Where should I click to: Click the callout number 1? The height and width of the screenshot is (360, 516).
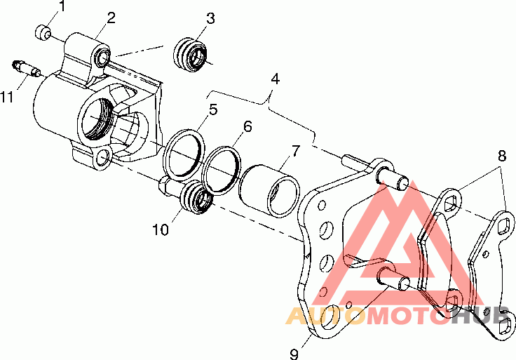(62, 6)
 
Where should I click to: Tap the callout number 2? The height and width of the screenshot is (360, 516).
(111, 18)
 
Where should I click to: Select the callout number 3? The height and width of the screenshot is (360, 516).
(210, 18)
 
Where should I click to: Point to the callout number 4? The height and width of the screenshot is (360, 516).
(275, 79)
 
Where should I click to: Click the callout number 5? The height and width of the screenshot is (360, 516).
(213, 109)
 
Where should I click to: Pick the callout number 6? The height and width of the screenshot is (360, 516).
(247, 126)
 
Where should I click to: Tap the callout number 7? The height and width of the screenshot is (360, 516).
(296, 150)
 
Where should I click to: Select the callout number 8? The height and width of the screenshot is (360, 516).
(502, 156)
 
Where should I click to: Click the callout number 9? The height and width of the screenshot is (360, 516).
(294, 354)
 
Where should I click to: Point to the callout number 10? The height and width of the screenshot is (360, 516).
(161, 229)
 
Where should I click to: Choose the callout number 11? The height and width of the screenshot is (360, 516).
(7, 97)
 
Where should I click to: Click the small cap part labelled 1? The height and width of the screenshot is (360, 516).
(43, 32)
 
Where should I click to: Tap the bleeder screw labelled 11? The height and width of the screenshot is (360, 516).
(26, 69)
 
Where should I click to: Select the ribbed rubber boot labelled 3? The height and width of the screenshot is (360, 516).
(190, 55)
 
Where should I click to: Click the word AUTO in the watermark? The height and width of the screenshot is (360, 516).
(325, 316)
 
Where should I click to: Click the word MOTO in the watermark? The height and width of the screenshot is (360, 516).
(408, 316)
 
